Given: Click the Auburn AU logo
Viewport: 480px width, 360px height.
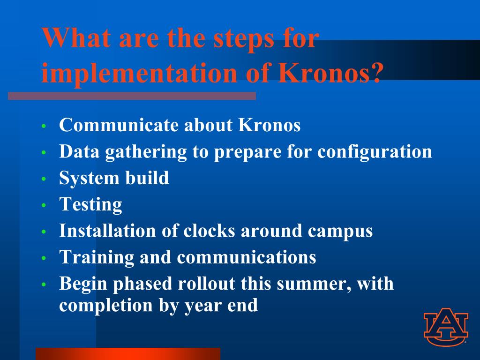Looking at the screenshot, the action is click(x=446, y=326).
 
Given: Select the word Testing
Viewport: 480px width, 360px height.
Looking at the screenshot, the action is click(x=90, y=204).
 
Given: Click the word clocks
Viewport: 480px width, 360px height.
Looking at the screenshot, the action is click(x=209, y=231).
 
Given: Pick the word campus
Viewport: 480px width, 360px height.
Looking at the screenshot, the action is click(x=340, y=232).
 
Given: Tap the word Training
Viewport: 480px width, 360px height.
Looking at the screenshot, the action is click(x=97, y=257).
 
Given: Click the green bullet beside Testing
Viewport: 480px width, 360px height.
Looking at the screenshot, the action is click(x=44, y=205).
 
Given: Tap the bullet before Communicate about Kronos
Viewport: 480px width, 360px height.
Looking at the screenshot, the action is click(x=44, y=126).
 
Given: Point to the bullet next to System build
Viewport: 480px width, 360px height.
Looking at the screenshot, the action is click(x=44, y=179).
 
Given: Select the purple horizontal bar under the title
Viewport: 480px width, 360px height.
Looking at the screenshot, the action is click(x=132, y=96).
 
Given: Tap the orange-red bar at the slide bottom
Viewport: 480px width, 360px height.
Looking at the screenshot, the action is click(x=128, y=354).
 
